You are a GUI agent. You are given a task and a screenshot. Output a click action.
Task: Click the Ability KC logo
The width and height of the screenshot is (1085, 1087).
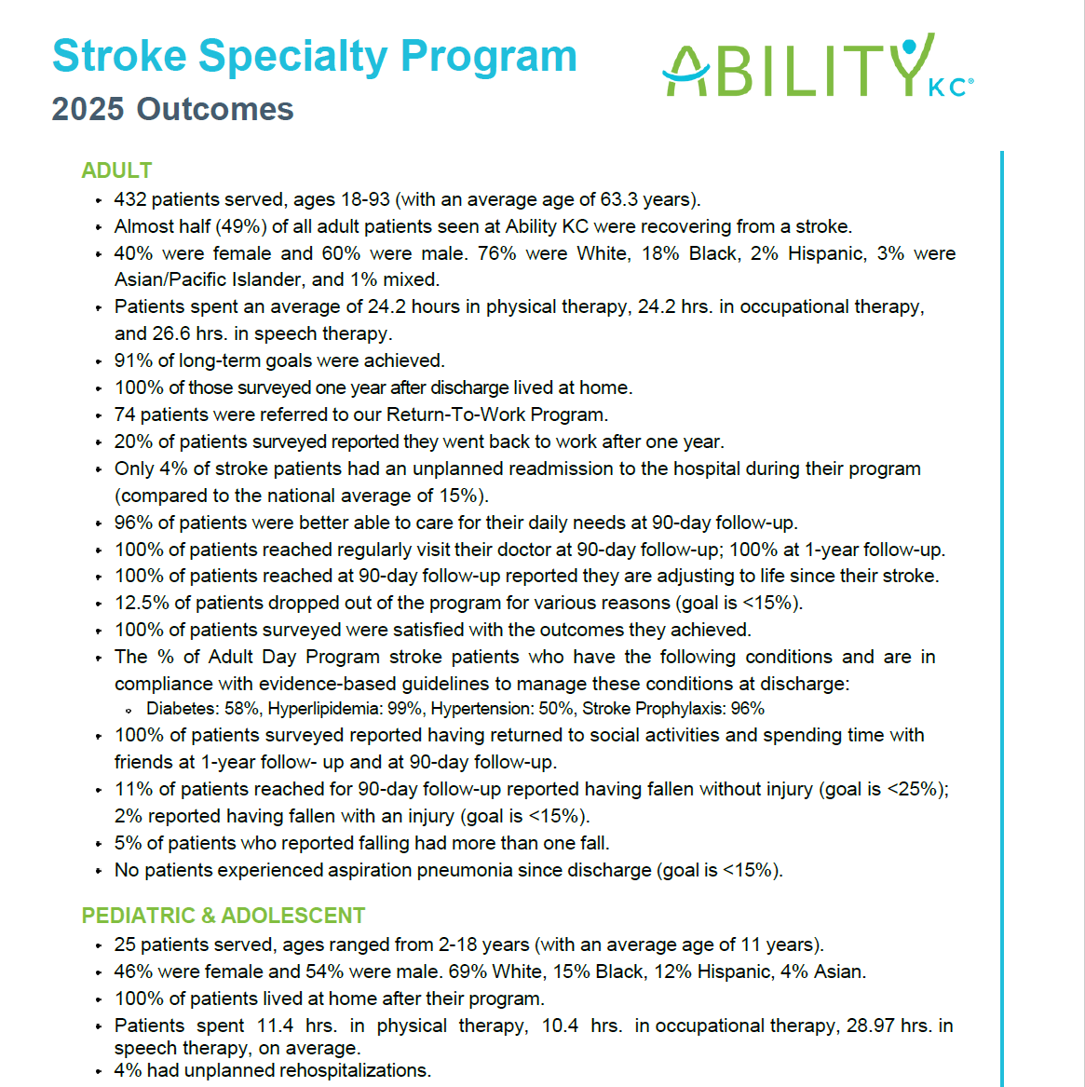click(x=818, y=65)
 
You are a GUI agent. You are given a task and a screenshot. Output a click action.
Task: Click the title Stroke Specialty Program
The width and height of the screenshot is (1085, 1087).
click(x=315, y=56)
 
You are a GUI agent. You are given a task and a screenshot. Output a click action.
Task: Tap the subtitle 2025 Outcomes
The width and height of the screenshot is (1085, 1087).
click(x=172, y=109)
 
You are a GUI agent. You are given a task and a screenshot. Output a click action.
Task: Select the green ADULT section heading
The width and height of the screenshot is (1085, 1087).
click(x=116, y=170)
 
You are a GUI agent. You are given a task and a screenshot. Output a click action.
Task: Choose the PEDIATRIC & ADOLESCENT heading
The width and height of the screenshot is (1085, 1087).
click(x=224, y=915)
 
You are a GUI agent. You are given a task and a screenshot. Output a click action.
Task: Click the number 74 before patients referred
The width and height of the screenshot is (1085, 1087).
click(x=125, y=414)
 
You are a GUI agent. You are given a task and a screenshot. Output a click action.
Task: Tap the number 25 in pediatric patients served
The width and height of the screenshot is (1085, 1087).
click(x=125, y=944)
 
